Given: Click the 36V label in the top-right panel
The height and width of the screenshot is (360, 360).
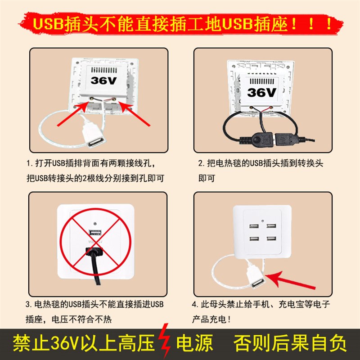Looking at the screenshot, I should [261, 92].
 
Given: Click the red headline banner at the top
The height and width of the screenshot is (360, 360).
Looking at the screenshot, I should [180, 23].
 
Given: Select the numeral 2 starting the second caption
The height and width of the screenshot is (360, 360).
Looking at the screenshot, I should [201, 162].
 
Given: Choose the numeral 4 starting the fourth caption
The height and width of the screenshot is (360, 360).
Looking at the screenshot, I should [201, 305].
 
